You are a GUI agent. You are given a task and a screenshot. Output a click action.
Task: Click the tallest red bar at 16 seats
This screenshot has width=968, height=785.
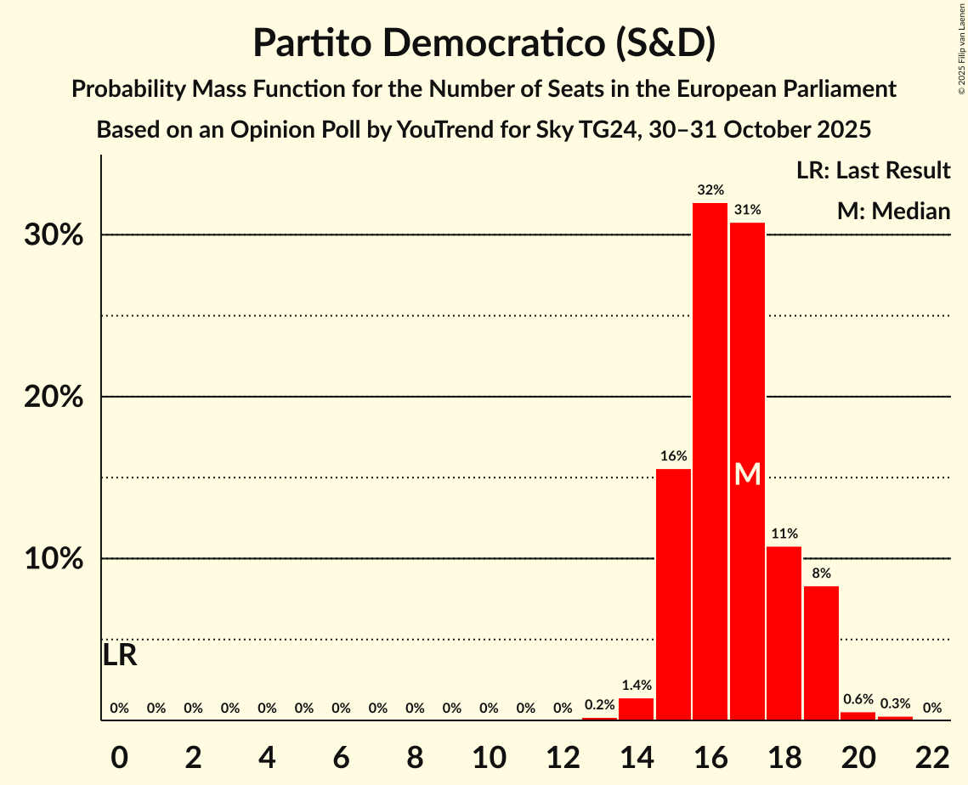pyautogui.click(x=710, y=461)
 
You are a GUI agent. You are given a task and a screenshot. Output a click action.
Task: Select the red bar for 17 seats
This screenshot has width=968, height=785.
pyautogui.click(x=747, y=472)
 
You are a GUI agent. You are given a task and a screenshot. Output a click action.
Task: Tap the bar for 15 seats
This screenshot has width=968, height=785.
pyautogui.click(x=673, y=595)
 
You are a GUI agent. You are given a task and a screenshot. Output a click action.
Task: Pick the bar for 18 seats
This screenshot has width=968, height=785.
pyautogui.click(x=784, y=633)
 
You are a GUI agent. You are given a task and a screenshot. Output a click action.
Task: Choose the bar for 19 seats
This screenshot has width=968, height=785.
pyautogui.click(x=821, y=652)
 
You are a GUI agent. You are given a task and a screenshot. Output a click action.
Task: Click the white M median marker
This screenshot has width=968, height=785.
pyautogui.click(x=747, y=474)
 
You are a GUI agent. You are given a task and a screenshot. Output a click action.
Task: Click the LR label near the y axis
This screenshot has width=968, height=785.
pyautogui.click(x=120, y=655)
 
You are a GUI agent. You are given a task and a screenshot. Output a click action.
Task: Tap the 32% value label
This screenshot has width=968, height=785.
pyautogui.click(x=710, y=190)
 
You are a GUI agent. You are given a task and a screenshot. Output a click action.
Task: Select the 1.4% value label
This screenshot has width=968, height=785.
pyautogui.click(x=636, y=685)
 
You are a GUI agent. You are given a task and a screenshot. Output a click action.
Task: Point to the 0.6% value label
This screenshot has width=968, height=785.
pyautogui.click(x=858, y=699)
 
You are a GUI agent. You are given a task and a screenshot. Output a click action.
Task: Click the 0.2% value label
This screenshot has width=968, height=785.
pyautogui.click(x=599, y=704)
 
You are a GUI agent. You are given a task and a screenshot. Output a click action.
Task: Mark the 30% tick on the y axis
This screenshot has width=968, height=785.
pyautogui.click(x=54, y=235)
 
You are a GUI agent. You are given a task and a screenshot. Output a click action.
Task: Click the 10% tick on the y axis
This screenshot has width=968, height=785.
pyautogui.click(x=54, y=559)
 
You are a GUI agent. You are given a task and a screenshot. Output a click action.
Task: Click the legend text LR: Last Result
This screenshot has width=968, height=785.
pyautogui.click(x=873, y=171)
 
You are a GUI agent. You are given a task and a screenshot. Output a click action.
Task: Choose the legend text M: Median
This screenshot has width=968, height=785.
pyautogui.click(x=893, y=211)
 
